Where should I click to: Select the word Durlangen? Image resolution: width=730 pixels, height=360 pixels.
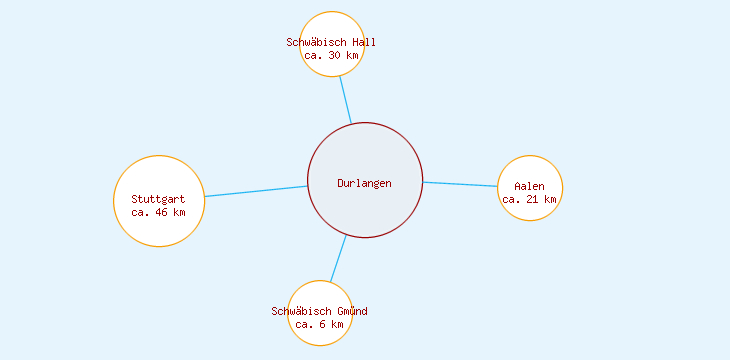(365, 183)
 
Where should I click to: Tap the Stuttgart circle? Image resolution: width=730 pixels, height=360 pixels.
(159, 226)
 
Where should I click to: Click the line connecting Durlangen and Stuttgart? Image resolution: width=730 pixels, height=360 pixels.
(256, 191)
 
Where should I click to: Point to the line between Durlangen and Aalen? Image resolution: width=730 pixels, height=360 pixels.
(460, 184)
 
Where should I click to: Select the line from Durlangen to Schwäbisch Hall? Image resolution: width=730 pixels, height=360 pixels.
(345, 100)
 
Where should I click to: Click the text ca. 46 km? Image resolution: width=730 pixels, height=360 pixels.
(158, 212)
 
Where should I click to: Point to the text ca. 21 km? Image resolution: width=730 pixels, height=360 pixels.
(530, 199)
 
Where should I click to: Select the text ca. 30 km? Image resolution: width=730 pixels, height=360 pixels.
(332, 55)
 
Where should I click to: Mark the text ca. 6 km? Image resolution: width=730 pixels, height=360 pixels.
(319, 324)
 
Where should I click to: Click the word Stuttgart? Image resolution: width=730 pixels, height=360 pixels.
(158, 199)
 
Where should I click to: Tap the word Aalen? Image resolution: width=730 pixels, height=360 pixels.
(530, 186)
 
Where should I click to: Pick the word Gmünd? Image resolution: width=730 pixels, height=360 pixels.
(350, 311)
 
